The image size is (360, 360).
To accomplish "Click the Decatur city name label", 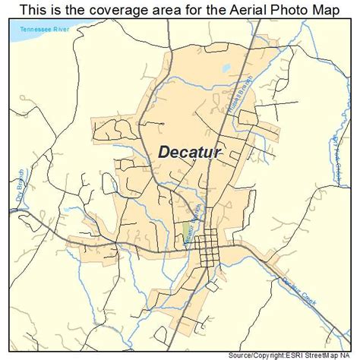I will point(190,151).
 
